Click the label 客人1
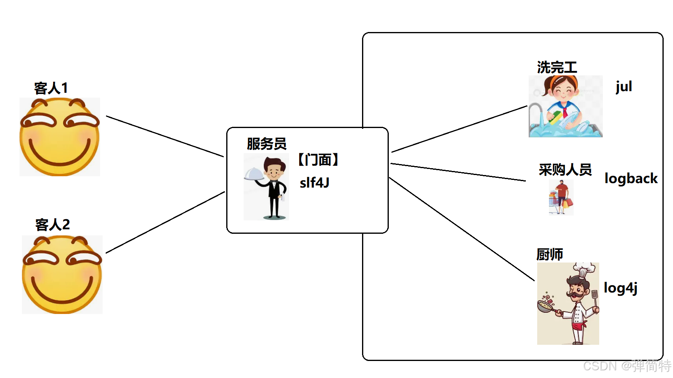[51, 88]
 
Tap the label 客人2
[52, 224]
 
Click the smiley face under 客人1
[60, 137]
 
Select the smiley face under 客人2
[62, 275]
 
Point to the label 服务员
[266, 144]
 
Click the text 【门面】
[318, 160]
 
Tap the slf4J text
[314, 183]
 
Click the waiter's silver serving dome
[254, 174]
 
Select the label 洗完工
[557, 67]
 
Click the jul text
[624, 87]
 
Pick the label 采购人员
[565, 169]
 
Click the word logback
[630, 179]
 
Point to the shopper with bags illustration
[561, 197]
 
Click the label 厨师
[549, 254]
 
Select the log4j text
[620, 288]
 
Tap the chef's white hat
[583, 269]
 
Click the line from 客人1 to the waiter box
[165, 136]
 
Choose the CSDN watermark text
[627, 366]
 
